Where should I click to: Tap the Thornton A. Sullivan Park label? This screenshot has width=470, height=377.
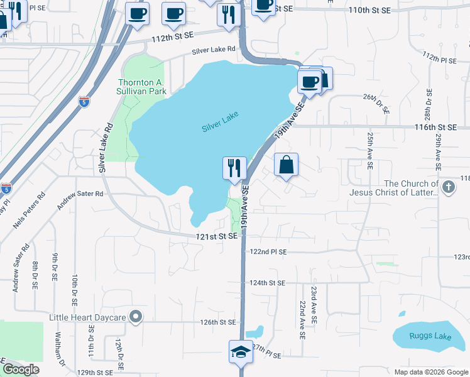tap(143, 87)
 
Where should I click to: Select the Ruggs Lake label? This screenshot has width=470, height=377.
tap(434, 336)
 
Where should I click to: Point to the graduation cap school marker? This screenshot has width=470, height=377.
tap(240, 352)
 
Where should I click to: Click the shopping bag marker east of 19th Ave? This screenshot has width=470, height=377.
tap(286, 166)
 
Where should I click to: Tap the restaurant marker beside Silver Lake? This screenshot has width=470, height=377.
tap(234, 168)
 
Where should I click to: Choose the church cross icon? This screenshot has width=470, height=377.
tap(448, 187)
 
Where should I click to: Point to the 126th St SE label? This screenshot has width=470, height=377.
tap(217, 322)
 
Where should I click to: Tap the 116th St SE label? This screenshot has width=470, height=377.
tap(434, 127)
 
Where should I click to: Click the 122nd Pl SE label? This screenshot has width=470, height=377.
tap(268, 251)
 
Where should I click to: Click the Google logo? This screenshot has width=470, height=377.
tap(21, 369)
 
